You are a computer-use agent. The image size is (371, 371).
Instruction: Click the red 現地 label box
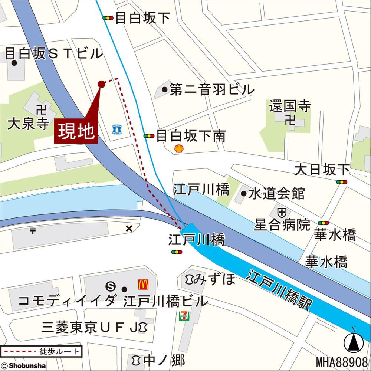click(x=76, y=131)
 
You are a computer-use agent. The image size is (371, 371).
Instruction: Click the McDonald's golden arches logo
click(x=144, y=285)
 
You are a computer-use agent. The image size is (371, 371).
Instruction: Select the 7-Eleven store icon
click(x=184, y=316)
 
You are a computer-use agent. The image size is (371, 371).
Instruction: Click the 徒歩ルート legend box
click(x=41, y=351)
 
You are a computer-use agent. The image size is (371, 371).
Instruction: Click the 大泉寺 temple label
click(x=28, y=124)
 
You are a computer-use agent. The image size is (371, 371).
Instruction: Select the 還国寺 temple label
click(x=290, y=107)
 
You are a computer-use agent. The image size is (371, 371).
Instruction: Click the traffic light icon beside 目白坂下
click(x=108, y=18)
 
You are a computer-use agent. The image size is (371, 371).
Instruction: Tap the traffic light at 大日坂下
click(x=342, y=182)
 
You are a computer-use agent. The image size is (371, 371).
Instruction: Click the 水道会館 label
click(x=276, y=193)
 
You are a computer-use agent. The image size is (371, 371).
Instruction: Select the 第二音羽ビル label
click(x=212, y=89)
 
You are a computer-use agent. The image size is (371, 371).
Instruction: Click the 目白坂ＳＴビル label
click(x=53, y=54)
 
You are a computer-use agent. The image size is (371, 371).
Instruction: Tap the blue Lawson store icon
click(x=116, y=129)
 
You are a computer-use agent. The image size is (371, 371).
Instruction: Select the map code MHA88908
click(x=341, y=362)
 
